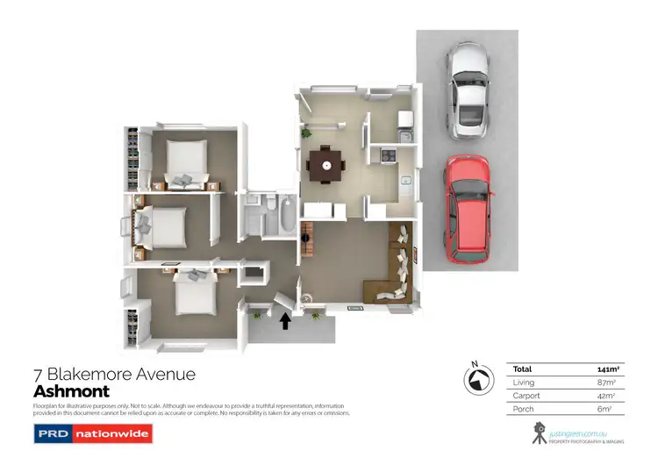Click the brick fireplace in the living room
point(307,239)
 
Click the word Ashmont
point(71,391)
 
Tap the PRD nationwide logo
point(92,433)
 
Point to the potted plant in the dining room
point(308,134)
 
